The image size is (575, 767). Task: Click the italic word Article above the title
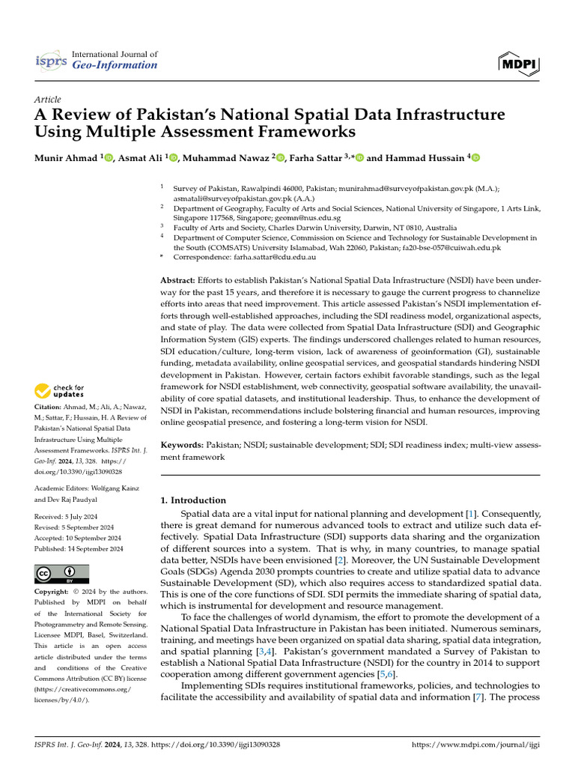[x=48, y=99]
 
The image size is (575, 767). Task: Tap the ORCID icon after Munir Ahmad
[x=109, y=157]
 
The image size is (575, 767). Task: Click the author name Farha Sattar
[x=311, y=157]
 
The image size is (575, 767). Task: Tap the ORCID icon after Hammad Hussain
[x=473, y=157]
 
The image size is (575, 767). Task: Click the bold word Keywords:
[x=183, y=445]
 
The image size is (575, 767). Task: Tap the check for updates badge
[x=59, y=390]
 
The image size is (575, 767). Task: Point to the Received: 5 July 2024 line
[x=70, y=517]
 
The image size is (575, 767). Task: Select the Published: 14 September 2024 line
[x=79, y=548]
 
